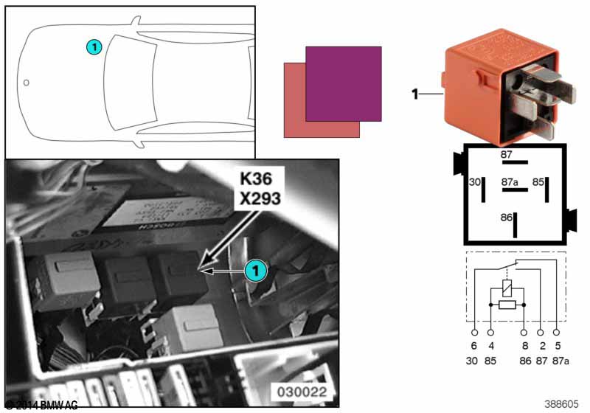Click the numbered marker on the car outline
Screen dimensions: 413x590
94,46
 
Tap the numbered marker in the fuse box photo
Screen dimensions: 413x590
254,271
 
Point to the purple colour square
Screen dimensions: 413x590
343,83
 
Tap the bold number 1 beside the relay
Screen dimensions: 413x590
415,94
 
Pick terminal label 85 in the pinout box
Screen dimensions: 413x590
539,181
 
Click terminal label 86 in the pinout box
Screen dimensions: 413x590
505,218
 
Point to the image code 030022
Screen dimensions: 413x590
302,391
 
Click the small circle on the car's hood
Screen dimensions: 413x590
26,82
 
